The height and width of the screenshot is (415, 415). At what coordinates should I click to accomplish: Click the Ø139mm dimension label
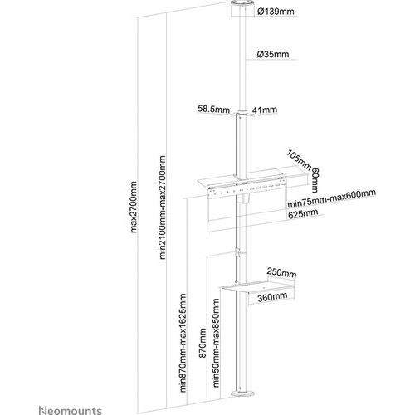coord(276,12)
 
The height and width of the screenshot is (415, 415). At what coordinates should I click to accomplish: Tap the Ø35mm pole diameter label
coord(273,54)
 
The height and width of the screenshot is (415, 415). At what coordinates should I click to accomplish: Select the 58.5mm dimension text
coord(213,110)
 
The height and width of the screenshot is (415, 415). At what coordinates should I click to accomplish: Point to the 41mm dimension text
coord(265,110)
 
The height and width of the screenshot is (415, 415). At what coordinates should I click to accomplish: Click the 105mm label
coord(299,159)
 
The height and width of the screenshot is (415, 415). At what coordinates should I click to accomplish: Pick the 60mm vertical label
coord(315,180)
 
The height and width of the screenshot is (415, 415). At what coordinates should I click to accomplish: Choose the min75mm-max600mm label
coord(332,198)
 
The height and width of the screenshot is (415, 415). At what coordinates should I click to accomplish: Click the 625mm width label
coord(303,214)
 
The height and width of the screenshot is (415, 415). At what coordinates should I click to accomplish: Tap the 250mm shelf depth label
coord(281,273)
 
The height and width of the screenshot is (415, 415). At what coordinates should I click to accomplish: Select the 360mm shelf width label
coord(272,297)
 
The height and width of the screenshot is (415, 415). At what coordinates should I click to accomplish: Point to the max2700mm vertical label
coord(134,207)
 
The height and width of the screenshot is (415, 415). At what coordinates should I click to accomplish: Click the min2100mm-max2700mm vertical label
coord(163,207)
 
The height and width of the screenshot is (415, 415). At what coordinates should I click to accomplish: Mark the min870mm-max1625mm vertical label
coord(183,343)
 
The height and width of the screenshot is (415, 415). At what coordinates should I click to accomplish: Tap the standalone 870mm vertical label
coord(203,343)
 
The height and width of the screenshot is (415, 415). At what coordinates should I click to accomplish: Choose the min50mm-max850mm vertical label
coord(216,343)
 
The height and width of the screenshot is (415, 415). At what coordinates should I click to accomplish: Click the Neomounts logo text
coord(70,410)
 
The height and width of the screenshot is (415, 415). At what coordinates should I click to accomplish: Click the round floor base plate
coord(242,393)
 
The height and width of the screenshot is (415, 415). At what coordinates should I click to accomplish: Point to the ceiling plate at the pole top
coord(242,8)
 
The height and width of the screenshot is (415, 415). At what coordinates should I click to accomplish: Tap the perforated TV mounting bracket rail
coord(247,189)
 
